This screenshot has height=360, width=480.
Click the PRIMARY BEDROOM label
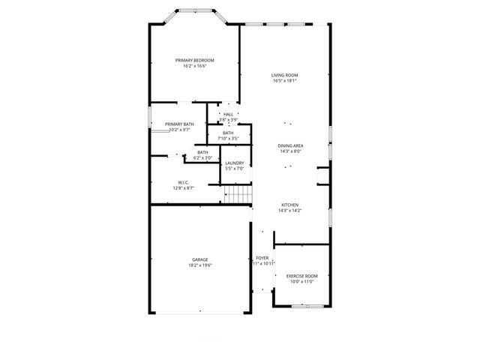point(194,60)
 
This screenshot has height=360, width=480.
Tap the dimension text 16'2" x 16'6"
point(194,66)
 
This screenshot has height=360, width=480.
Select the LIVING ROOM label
point(285,75)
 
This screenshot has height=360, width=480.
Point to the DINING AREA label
point(290,145)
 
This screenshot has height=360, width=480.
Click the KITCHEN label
point(290,205)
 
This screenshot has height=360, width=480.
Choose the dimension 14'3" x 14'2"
point(290,211)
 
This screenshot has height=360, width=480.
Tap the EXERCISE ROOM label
point(301,276)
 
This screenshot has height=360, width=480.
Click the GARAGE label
point(199,259)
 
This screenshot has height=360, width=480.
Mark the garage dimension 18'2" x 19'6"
point(199,265)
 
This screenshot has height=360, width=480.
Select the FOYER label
point(262,257)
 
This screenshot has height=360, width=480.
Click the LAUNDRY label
point(235,163)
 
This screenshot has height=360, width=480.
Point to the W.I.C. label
point(184,182)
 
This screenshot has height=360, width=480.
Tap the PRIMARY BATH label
point(179,124)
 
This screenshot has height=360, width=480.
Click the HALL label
point(228,114)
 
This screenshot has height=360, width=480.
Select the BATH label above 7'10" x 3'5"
point(228,133)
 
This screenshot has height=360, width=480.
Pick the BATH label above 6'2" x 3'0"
point(203,152)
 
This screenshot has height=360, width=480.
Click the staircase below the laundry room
point(237,194)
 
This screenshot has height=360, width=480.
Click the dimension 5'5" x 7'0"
point(235,169)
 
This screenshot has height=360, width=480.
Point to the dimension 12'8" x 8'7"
point(184,188)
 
